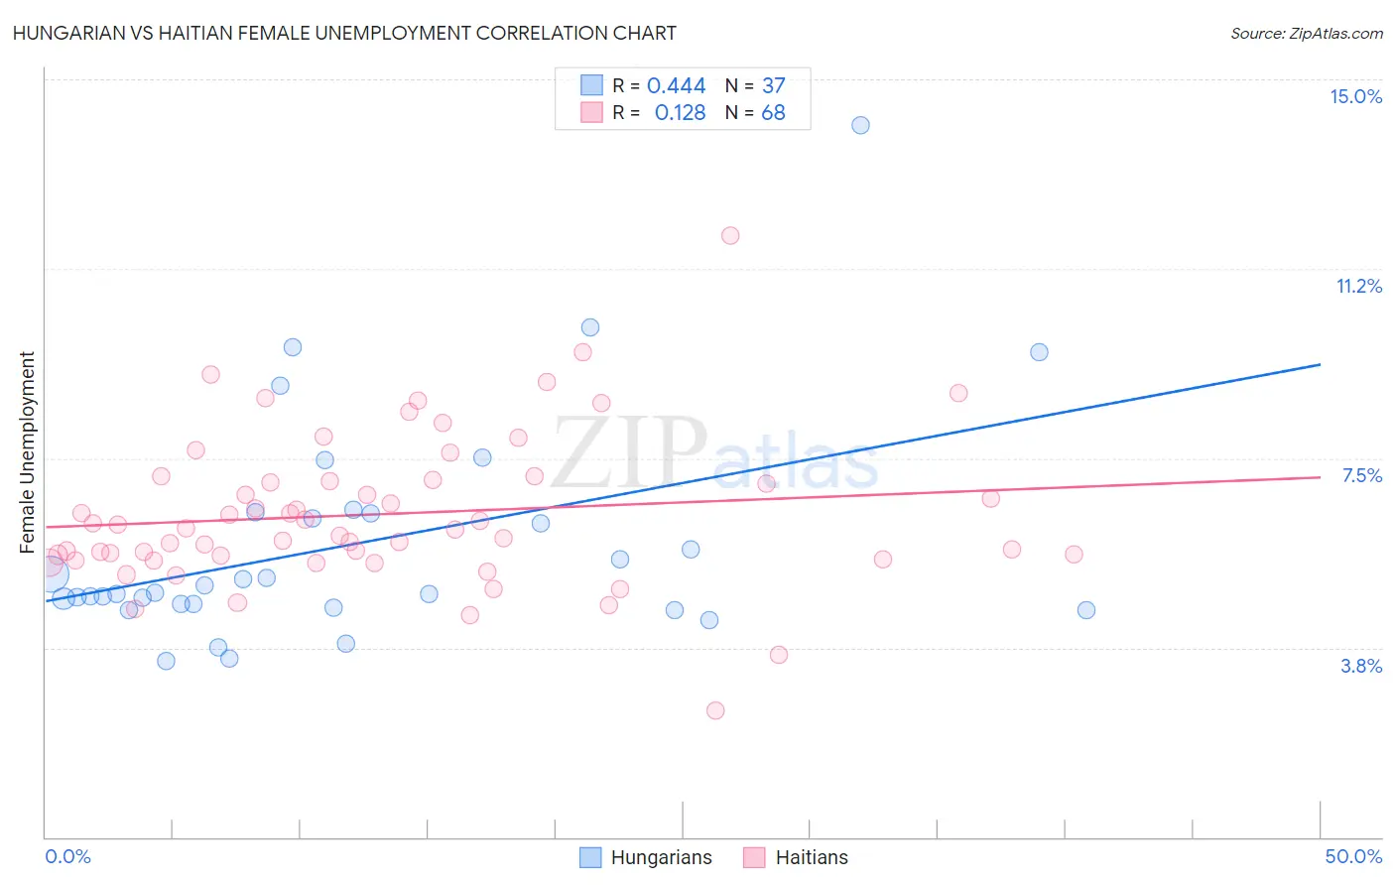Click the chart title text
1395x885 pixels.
[x=345, y=33]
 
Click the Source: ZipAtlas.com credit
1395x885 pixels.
[x=1306, y=34]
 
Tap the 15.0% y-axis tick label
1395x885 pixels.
[x=1355, y=96]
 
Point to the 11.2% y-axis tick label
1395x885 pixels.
[x=1358, y=286]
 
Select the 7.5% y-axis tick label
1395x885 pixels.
[x=1361, y=475]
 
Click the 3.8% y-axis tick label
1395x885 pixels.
[x=1361, y=666]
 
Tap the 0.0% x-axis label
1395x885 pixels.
[x=67, y=856]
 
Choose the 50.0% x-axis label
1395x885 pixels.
[x=1353, y=856]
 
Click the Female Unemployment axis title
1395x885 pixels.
[x=27, y=451]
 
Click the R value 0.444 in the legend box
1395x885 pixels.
[x=676, y=86]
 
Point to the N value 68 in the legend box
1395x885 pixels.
[x=773, y=112]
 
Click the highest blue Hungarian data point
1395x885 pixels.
[x=860, y=125]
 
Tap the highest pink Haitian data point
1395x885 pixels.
[x=730, y=235]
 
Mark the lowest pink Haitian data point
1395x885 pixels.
[x=715, y=710]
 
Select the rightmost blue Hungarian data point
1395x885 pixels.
[x=1086, y=610]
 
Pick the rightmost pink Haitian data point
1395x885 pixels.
[x=1074, y=555]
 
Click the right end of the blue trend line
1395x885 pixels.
[x=1320, y=364]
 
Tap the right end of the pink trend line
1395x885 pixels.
[x=1320, y=477]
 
